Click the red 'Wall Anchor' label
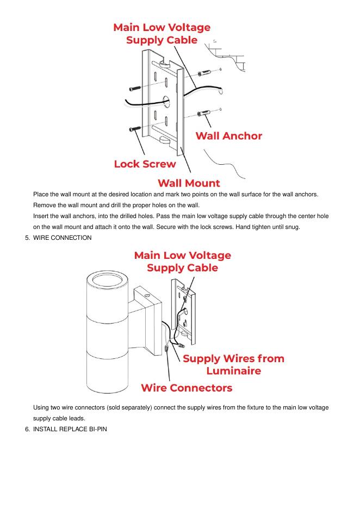(228, 136)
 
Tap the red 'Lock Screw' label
(145, 164)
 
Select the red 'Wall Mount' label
(189, 183)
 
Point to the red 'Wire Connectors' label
(187, 388)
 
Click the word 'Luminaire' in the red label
(233, 371)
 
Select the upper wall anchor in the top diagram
(207, 72)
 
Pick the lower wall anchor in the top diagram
(206, 113)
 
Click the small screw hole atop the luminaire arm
(147, 294)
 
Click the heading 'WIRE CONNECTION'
(63, 238)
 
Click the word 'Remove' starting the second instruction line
(45, 205)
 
